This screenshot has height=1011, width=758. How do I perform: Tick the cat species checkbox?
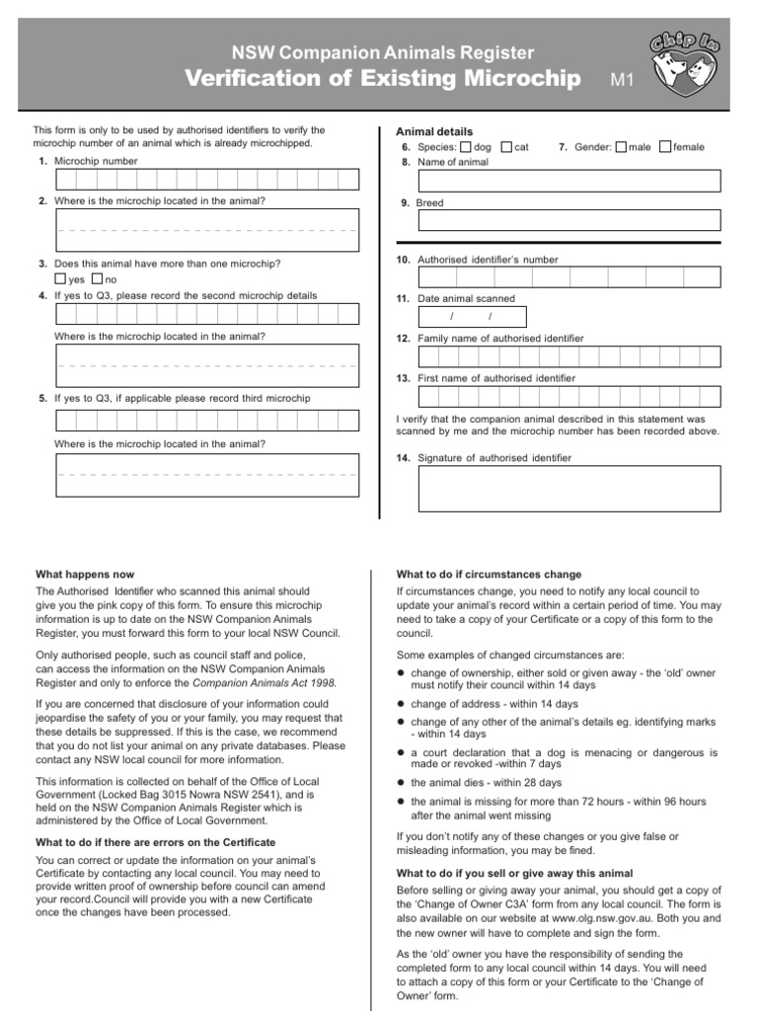tap(506, 147)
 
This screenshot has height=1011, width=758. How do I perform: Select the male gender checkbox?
tap(620, 147)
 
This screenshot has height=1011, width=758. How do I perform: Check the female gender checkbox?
tap(665, 147)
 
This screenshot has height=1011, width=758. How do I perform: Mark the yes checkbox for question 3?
tap(60, 279)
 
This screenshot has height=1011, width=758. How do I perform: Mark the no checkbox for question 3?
tap(97, 279)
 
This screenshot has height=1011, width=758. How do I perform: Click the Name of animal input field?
tap(568, 181)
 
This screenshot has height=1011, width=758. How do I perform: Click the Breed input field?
tap(568, 219)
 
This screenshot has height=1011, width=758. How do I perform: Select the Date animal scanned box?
tap(472, 317)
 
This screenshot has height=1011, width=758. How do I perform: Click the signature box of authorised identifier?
tap(568, 489)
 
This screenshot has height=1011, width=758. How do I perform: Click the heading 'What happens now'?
tap(85, 575)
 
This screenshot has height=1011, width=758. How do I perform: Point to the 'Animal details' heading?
tap(434, 131)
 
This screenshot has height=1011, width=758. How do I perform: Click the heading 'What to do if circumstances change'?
tap(489, 575)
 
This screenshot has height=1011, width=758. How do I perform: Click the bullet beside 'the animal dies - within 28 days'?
tap(402, 783)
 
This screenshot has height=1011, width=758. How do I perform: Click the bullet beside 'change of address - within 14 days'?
tap(402, 704)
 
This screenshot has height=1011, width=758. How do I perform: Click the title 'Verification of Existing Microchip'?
tap(382, 80)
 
